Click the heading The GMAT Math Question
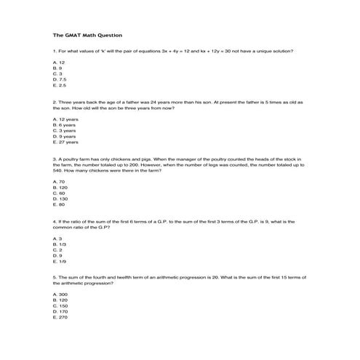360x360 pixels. pyautogui.click(x=88, y=35)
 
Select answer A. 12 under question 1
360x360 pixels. pyautogui.click(x=59, y=63)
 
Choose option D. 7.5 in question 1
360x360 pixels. pyautogui.click(x=60, y=80)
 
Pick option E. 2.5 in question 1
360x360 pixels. pyautogui.click(x=60, y=86)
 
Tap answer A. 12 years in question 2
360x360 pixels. pyautogui.click(x=65, y=119)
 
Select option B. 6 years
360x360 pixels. pyautogui.click(x=65, y=124)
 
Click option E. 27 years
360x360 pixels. pyautogui.click(x=66, y=142)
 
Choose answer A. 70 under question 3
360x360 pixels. pyautogui.click(x=59, y=181)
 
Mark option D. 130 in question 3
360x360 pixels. pyautogui.click(x=60, y=199)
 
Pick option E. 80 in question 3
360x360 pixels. pyautogui.click(x=59, y=204)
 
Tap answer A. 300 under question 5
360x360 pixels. pyautogui.click(x=60, y=294)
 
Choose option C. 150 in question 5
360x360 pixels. pyautogui.click(x=60, y=305)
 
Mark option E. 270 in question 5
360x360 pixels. pyautogui.click(x=60, y=317)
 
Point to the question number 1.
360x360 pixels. pyautogui.click(x=55, y=51)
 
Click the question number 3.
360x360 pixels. pyautogui.click(x=55, y=158)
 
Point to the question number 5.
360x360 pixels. pyautogui.click(x=55, y=277)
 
